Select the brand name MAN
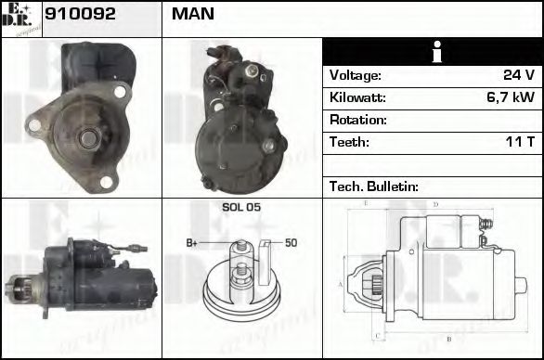click(193, 15)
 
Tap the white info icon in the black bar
click(433, 52)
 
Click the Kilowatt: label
click(357, 97)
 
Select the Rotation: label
click(357, 120)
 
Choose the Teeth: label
click(349, 142)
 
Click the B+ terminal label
click(192, 243)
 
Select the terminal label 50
click(291, 243)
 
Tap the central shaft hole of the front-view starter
click(85, 137)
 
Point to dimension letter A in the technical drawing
click(342, 284)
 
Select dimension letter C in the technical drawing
click(373, 336)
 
